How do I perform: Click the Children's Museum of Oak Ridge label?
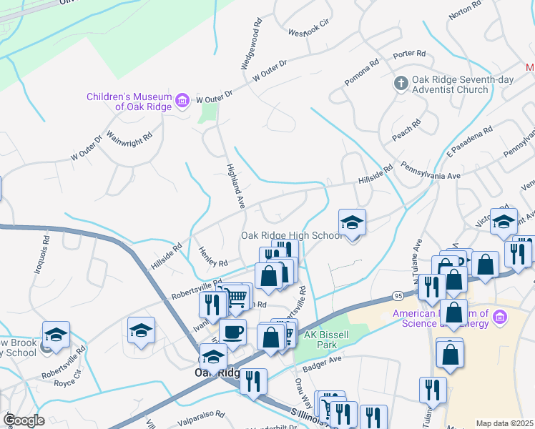(x=129, y=102)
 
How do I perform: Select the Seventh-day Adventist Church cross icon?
(x=401, y=84)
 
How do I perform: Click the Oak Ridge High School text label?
(x=292, y=235)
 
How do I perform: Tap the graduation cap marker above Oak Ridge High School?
(x=352, y=223)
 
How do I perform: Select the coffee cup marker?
(x=232, y=332)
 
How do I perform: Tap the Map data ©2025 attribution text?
(x=504, y=423)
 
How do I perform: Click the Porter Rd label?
(x=409, y=54)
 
